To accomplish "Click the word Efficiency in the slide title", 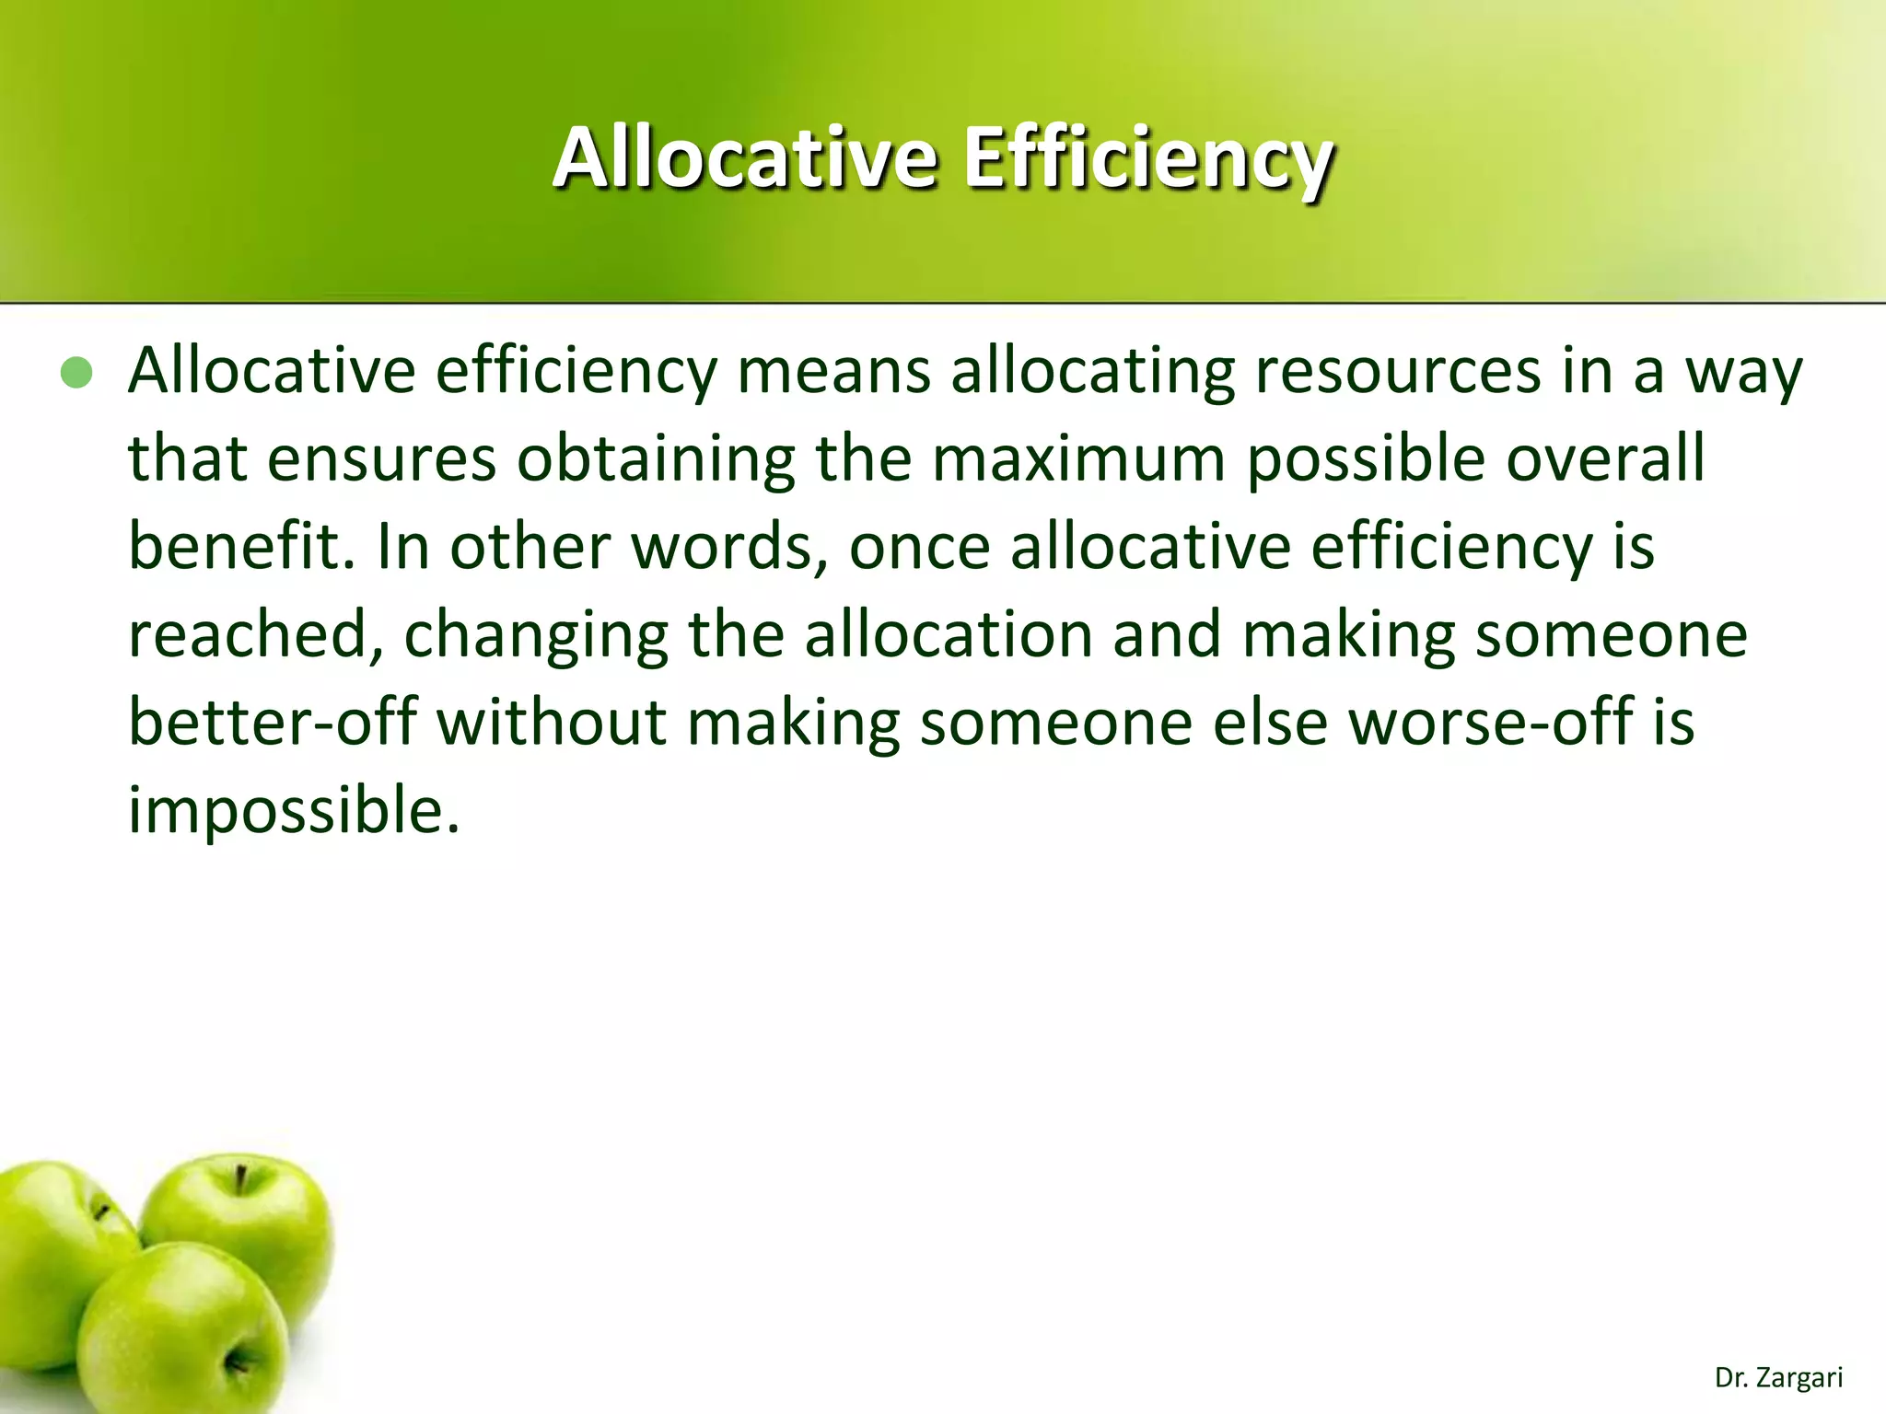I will pyautogui.click(x=1148, y=158).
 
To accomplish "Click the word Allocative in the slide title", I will pyautogui.click(x=745, y=158).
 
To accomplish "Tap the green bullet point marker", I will pyautogui.click(x=76, y=373).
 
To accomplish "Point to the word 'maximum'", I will pyautogui.click(x=1078, y=458).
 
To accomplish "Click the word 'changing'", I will pyautogui.click(x=536, y=635).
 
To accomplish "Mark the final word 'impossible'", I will pyautogui.click(x=292, y=810).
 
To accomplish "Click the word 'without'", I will pyautogui.click(x=551, y=722).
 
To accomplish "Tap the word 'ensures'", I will pyautogui.click(x=381, y=458).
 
